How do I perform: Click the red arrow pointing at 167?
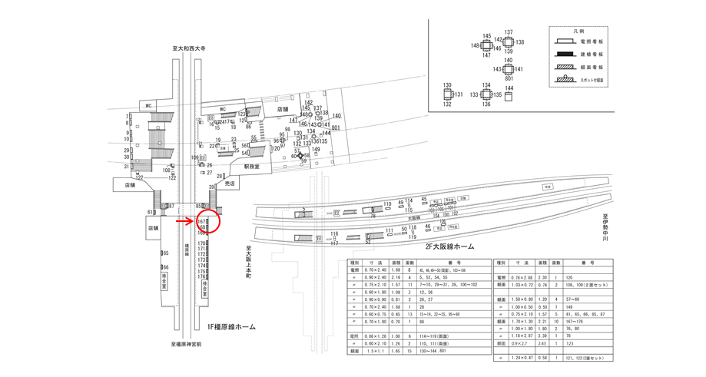point(187,221)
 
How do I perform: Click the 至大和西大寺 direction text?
point(189,48)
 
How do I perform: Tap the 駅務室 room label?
point(253,166)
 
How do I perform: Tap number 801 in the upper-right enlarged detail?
point(509,78)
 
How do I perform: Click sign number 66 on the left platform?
point(165,267)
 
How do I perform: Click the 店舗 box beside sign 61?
point(153,228)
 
